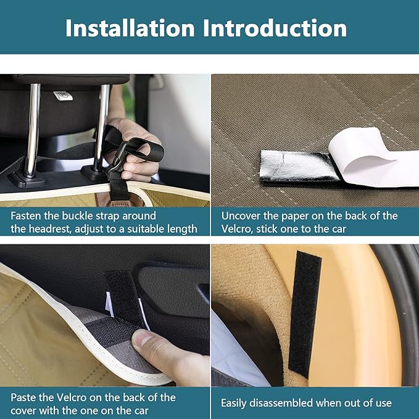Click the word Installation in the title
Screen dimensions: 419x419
tap(130, 28)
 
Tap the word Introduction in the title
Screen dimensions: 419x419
tap(275, 28)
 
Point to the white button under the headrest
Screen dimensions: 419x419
tap(63, 96)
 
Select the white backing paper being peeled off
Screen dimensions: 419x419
tap(374, 157)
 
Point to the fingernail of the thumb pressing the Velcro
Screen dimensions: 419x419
tap(142, 339)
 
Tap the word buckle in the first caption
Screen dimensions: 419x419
tap(78, 215)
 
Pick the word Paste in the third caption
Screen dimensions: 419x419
tap(23, 397)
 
